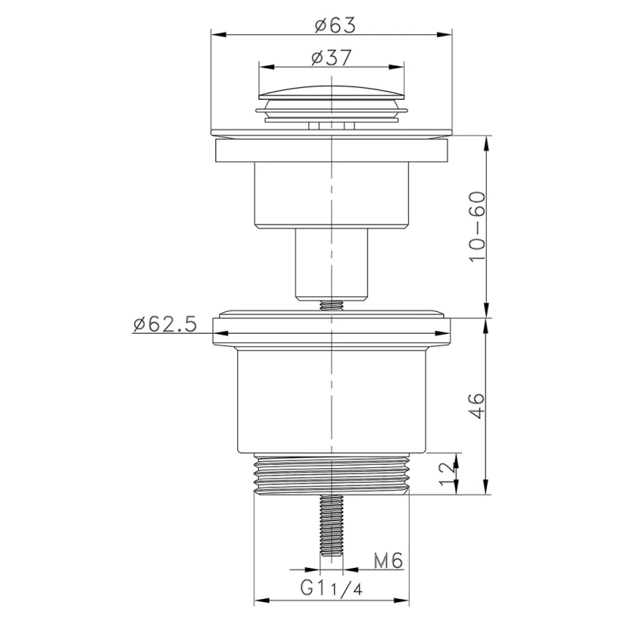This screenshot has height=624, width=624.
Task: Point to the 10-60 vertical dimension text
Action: click(x=477, y=225)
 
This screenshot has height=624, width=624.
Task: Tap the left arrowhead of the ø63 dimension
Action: click(x=215, y=34)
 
